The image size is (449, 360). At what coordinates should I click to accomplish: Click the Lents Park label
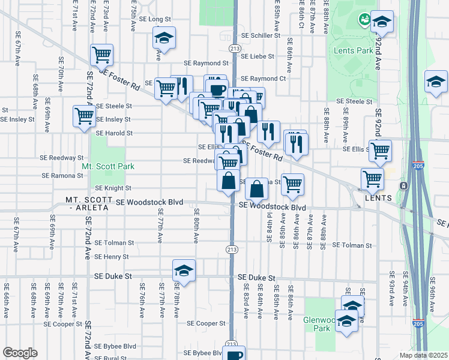pyautogui.click(x=353, y=50)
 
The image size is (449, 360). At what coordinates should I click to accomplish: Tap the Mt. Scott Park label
pyautogui.click(x=108, y=166)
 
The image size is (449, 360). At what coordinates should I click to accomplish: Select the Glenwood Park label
pyautogui.click(x=317, y=324)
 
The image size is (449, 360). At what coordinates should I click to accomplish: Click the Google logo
pyautogui.click(x=20, y=353)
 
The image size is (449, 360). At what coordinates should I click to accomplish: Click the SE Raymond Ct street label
pyautogui.click(x=264, y=79)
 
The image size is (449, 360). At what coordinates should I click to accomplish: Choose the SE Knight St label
pyautogui.click(x=113, y=188)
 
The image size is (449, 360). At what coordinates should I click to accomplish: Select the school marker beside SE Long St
pyautogui.click(x=164, y=38)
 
